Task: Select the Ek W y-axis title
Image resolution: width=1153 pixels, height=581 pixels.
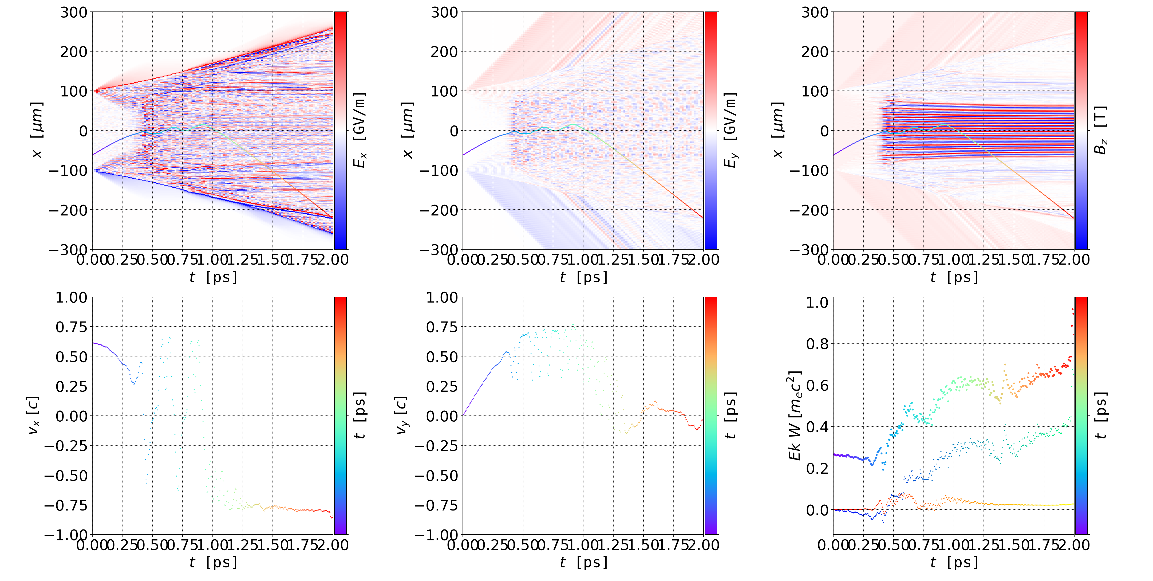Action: click(795, 415)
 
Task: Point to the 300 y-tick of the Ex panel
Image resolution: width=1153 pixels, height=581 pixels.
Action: click(74, 13)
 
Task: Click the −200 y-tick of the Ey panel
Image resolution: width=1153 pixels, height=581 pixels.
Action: click(439, 210)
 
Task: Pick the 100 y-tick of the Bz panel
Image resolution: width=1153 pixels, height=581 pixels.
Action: click(815, 91)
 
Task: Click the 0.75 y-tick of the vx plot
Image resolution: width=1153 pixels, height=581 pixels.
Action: click(71, 327)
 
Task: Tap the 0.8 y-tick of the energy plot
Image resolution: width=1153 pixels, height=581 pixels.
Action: click(817, 344)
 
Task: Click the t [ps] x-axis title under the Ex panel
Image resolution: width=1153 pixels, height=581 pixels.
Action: click(213, 277)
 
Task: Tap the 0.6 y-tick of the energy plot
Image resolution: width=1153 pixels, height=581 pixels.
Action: click(817, 385)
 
